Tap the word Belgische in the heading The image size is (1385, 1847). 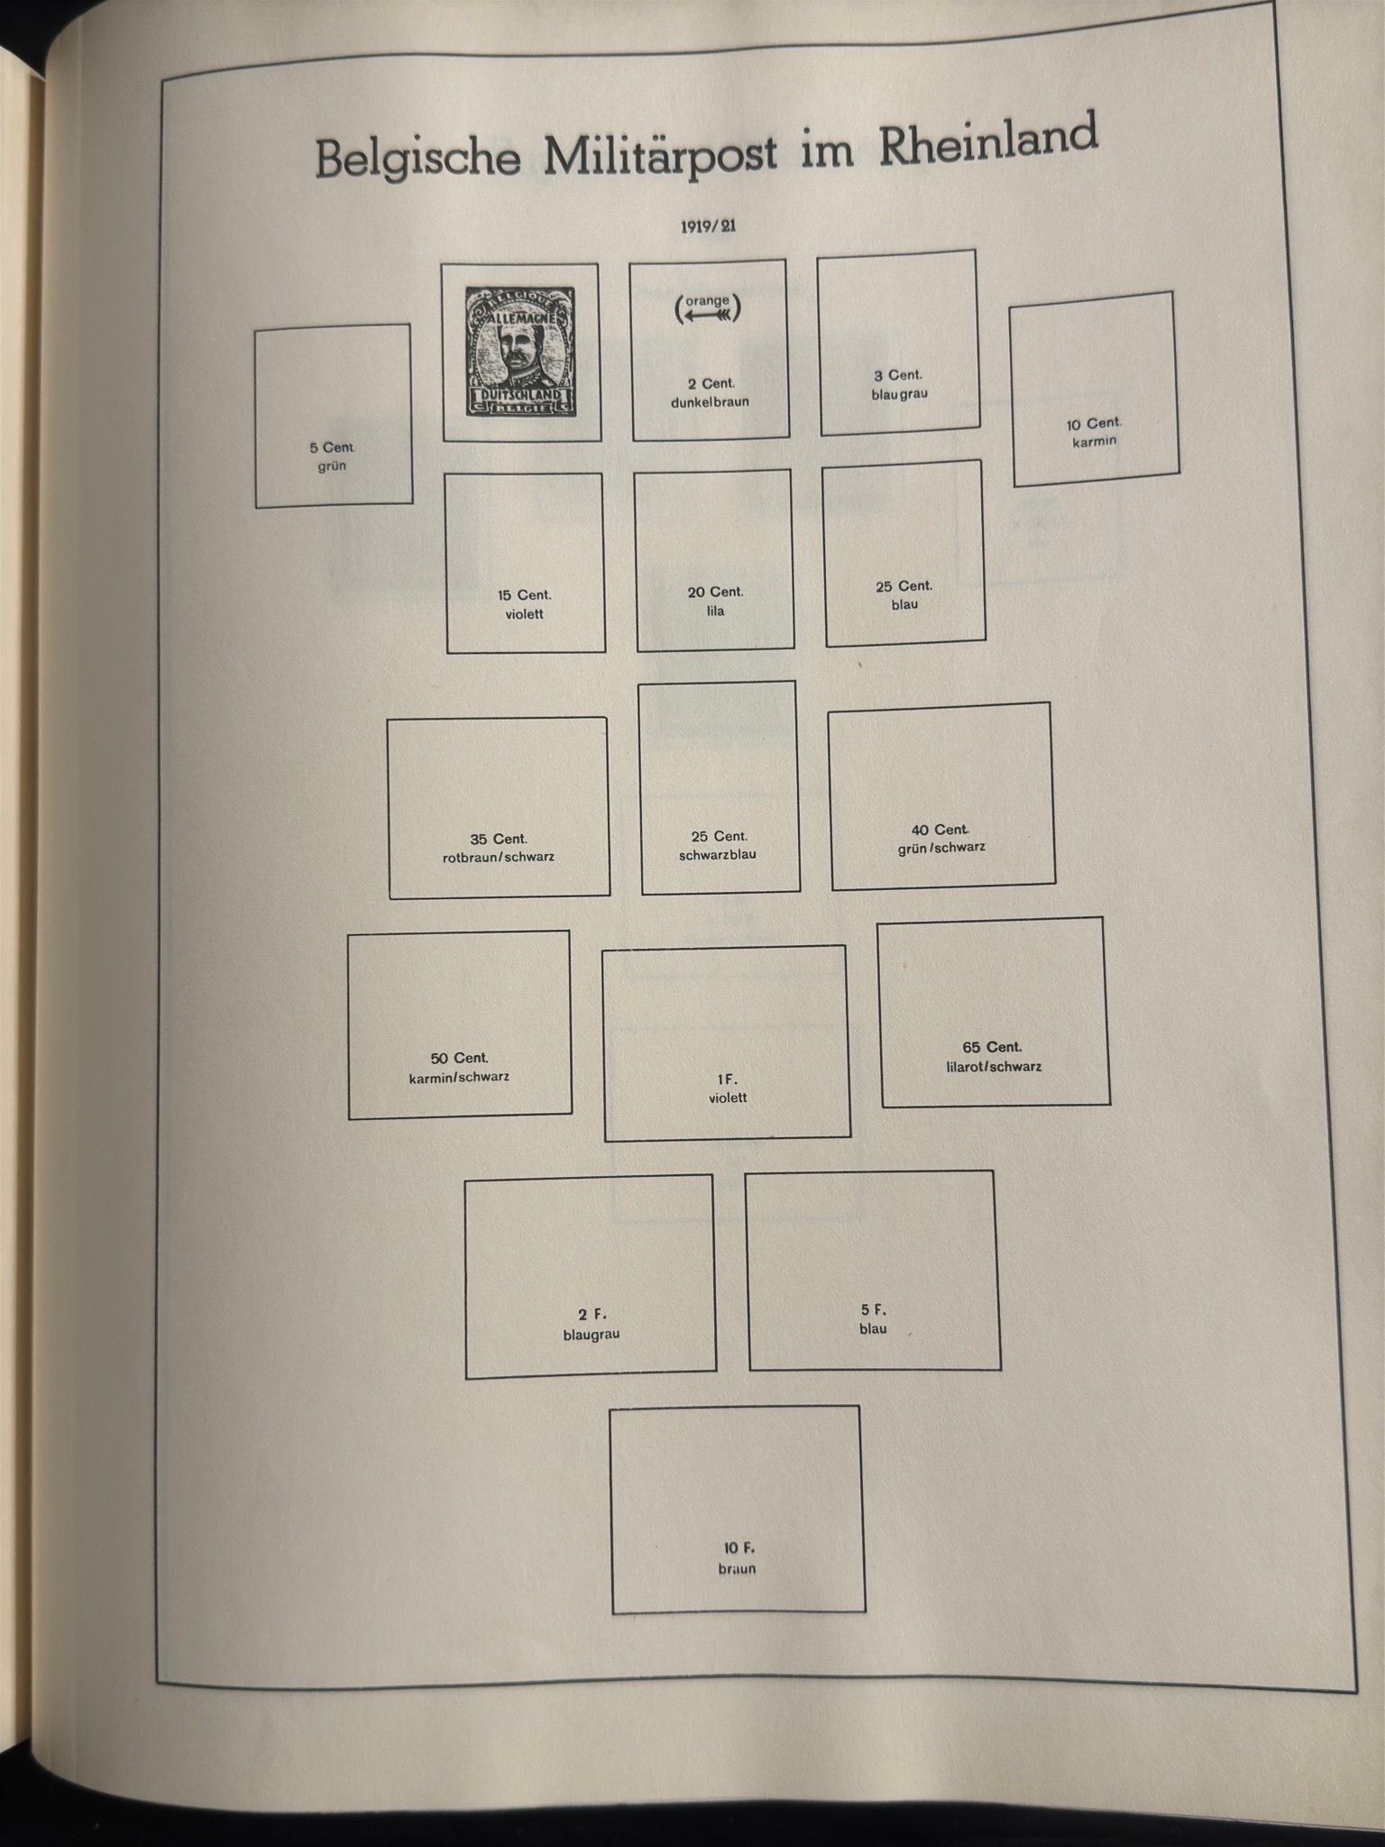[x=418, y=158]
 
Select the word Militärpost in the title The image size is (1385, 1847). [x=660, y=152]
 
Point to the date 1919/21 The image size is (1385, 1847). [x=708, y=226]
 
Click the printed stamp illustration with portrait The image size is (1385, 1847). [x=521, y=352]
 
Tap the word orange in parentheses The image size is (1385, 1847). [x=708, y=300]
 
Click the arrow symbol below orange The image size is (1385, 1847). [x=708, y=316]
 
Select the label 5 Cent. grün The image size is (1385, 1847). [x=332, y=456]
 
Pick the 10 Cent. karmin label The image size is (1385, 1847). [x=1094, y=432]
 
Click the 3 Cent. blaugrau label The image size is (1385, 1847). [x=899, y=384]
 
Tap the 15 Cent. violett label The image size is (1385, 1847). [x=524, y=604]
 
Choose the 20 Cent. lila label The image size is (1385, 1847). [x=716, y=602]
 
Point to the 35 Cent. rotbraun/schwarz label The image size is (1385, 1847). [x=499, y=848]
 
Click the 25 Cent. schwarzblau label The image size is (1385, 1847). [x=719, y=845]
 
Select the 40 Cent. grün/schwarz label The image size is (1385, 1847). [x=940, y=839]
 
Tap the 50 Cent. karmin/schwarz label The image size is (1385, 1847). [x=459, y=1067]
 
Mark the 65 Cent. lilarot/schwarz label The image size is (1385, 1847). [x=992, y=1057]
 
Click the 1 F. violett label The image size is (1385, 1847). [x=728, y=1089]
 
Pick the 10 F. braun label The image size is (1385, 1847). [x=738, y=1558]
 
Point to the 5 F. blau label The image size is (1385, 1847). [x=873, y=1319]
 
